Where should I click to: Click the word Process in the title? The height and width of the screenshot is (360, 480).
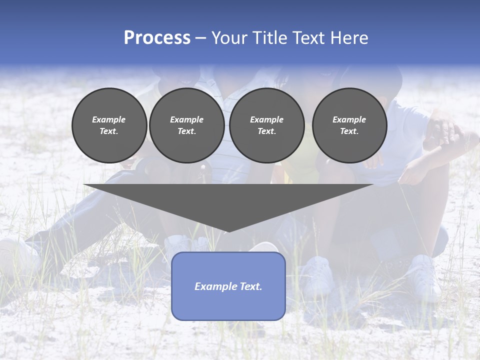157,38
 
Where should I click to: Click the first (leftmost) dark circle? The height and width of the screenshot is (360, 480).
109,125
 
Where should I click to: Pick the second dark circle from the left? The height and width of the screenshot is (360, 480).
186,125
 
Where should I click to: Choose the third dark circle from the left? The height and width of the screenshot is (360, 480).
266,125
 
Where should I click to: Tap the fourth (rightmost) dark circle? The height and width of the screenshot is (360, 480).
349,125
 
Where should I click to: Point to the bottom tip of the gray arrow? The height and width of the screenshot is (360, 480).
228,231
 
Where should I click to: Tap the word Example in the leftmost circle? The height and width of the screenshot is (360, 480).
109,119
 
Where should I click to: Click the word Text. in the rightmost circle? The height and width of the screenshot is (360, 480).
349,131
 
